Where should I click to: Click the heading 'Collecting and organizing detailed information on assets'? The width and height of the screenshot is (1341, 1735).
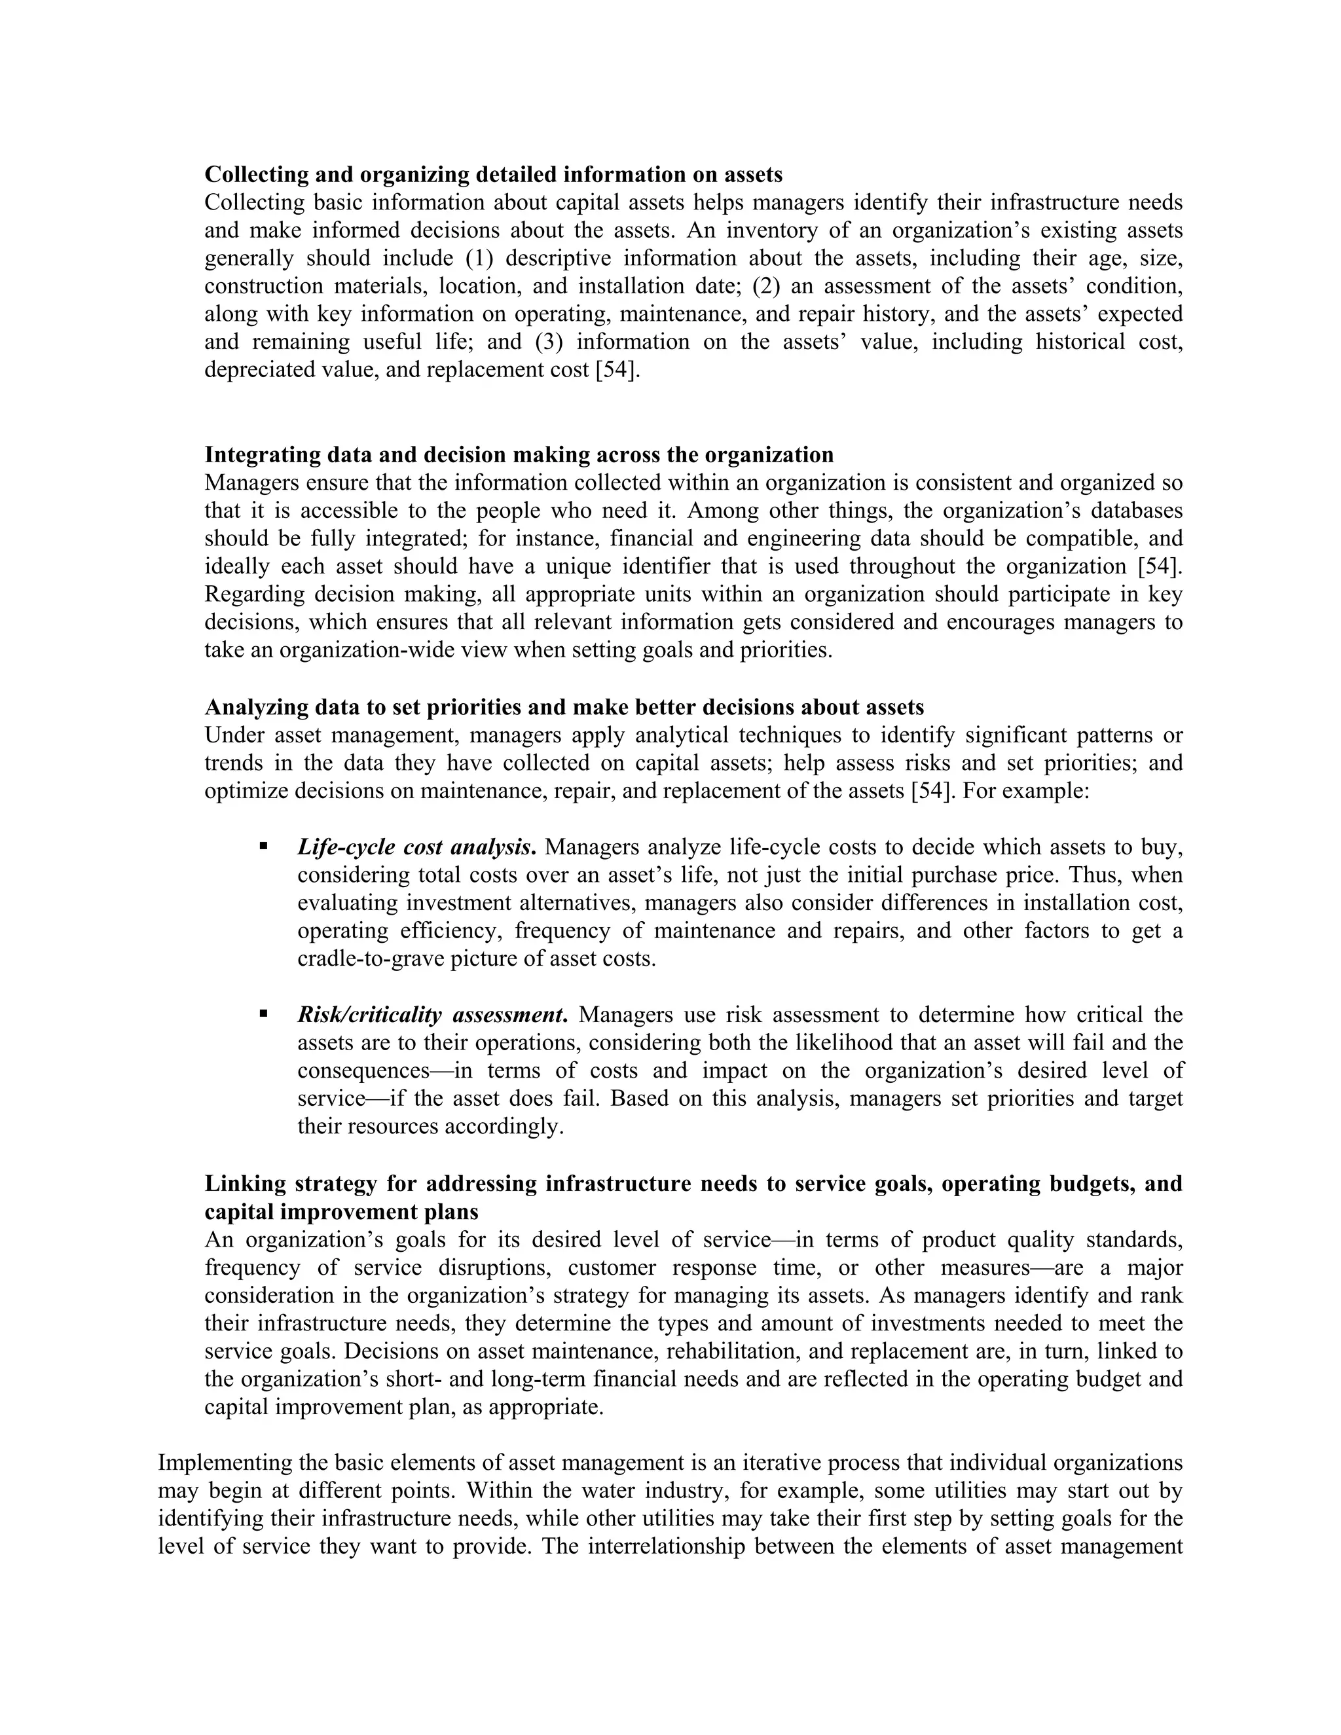493,175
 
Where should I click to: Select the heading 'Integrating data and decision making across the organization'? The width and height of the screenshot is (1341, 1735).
519,455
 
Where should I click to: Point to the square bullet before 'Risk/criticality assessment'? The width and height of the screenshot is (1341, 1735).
263,1014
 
